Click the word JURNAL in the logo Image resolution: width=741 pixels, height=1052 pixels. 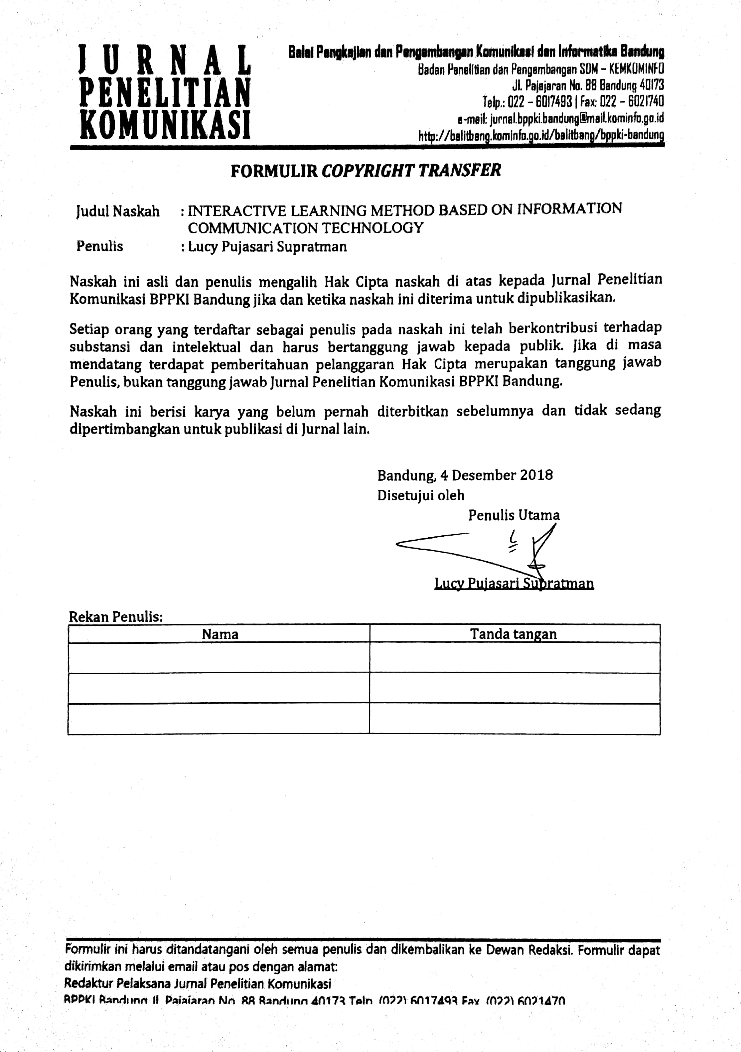[x=165, y=60]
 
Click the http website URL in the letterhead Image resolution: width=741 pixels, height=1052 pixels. [x=541, y=136]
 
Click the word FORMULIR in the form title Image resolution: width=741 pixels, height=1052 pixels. [x=274, y=171]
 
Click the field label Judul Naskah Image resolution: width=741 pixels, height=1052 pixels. [x=118, y=211]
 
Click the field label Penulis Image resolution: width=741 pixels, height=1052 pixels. [x=100, y=246]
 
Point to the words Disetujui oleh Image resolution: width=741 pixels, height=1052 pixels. [x=421, y=495]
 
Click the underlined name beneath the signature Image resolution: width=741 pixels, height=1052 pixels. [x=514, y=584]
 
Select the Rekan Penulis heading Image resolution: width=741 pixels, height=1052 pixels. [x=115, y=617]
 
